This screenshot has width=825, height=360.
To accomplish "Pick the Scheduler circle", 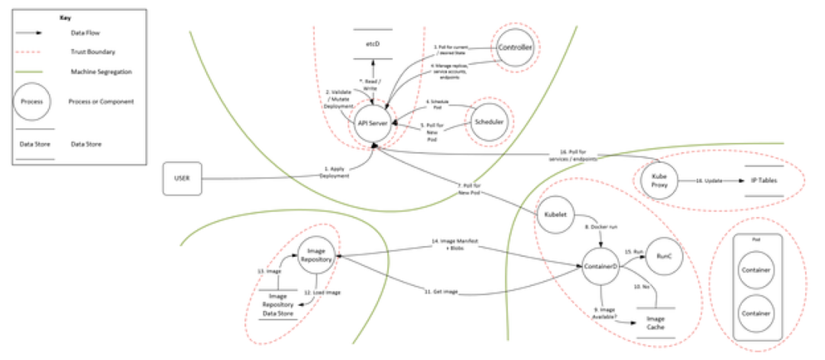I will click(x=486, y=122).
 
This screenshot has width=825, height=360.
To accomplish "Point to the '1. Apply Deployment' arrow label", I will click(x=335, y=172).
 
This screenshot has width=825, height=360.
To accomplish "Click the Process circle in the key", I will click(x=31, y=100).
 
